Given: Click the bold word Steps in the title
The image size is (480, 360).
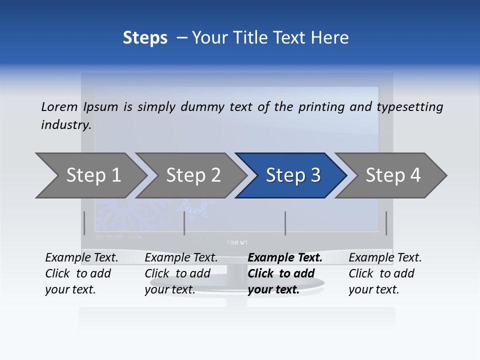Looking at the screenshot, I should [x=145, y=37].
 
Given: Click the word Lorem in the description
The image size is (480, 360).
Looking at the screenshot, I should [x=59, y=106].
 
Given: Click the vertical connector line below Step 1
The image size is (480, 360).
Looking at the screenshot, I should [x=84, y=223].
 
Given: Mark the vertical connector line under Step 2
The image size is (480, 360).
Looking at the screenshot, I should [x=184, y=223].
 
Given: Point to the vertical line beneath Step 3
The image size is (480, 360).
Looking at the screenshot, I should [x=285, y=223].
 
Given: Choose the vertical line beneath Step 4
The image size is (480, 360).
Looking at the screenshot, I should [x=386, y=223].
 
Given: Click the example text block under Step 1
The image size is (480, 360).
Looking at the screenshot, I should [x=81, y=273].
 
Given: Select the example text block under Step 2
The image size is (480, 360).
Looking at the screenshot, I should [x=181, y=273].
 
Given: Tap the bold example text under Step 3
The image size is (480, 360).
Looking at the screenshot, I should [x=284, y=273].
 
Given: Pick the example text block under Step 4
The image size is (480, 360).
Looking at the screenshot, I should [x=385, y=273].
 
